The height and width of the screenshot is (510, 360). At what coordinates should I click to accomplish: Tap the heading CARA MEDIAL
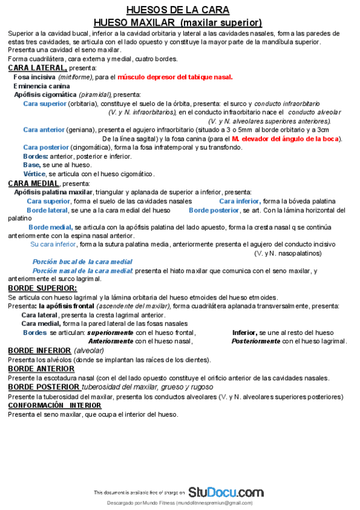34,183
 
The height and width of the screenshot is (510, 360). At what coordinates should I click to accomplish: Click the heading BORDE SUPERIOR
42,288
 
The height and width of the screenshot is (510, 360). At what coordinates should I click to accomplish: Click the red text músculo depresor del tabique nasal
175,77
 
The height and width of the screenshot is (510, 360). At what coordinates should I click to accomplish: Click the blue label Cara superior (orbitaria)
44,103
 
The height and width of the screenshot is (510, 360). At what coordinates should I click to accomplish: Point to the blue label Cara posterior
46,147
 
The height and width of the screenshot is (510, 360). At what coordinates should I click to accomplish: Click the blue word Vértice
35,174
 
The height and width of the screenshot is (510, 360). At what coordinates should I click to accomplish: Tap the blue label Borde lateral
47,210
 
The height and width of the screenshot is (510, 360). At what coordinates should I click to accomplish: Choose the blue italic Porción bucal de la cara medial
82,262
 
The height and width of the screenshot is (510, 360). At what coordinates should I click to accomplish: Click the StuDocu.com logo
225,491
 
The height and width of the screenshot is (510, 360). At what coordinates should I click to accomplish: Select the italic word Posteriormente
255,341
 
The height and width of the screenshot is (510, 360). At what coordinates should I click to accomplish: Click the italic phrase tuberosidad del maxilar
120,387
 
